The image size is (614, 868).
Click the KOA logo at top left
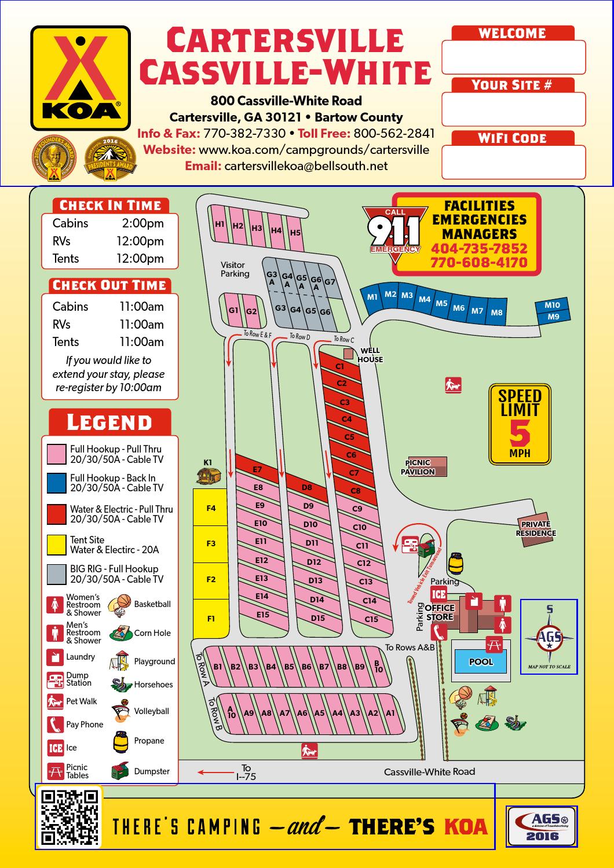(81, 78)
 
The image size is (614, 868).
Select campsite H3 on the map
(257, 228)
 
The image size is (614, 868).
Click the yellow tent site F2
(211, 580)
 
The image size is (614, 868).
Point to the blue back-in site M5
(441, 303)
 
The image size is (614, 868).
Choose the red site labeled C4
(346, 419)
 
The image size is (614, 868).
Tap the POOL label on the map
(481, 662)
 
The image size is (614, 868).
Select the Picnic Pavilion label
(418, 467)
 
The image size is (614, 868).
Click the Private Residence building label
(536, 529)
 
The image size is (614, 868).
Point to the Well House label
(370, 355)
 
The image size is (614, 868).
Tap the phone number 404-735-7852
(479, 249)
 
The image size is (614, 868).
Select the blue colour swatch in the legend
(57, 483)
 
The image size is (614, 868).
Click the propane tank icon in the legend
(120, 741)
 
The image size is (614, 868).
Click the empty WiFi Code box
(513, 162)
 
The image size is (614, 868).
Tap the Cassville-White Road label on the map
(429, 771)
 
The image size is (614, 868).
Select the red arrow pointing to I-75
(215, 772)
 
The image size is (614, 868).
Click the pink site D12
(314, 562)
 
